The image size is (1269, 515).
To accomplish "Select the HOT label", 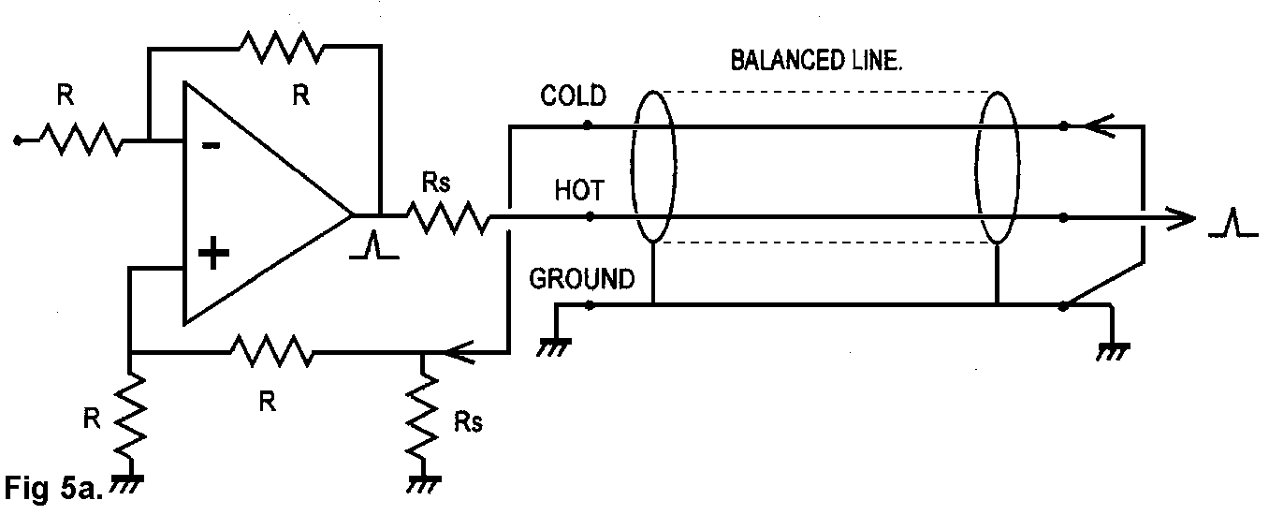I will [578, 191].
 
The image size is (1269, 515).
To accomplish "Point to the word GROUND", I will [581, 279].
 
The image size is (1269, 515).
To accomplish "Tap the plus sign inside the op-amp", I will [213, 253].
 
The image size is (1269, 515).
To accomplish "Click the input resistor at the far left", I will [80, 141].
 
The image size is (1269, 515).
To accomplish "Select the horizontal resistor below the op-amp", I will [271, 352].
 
